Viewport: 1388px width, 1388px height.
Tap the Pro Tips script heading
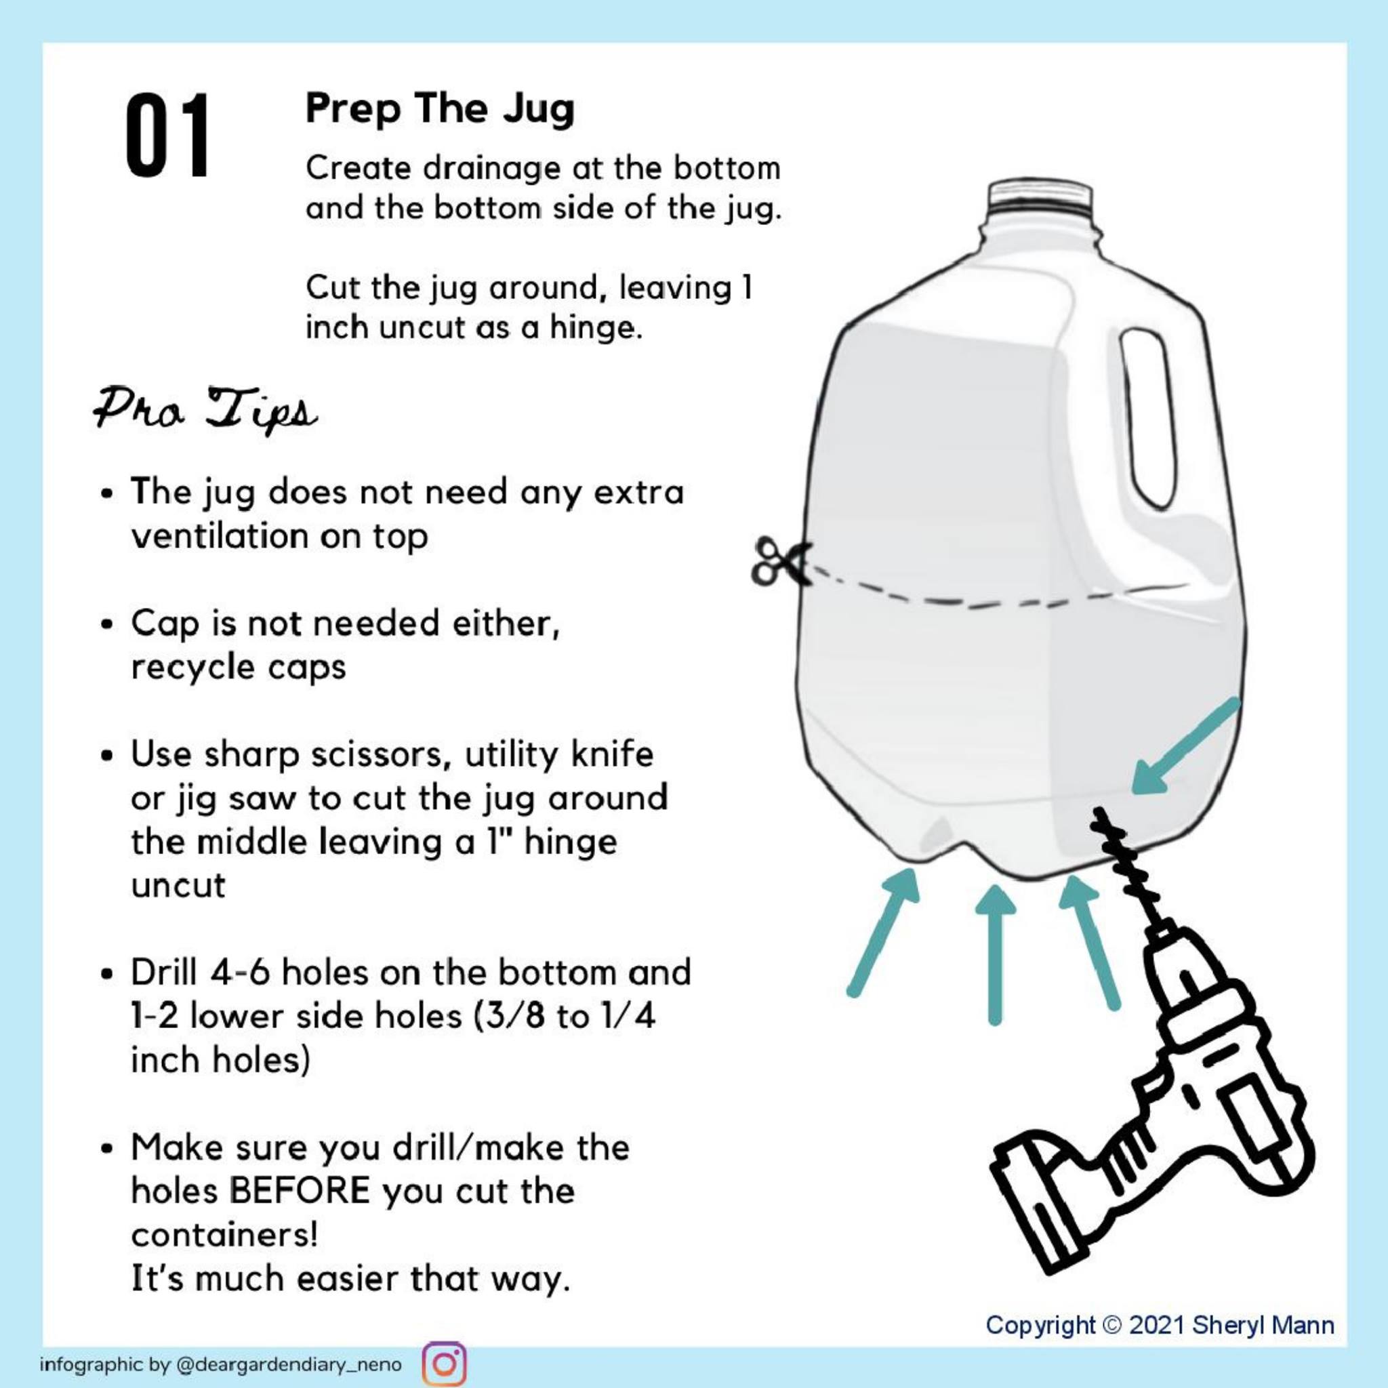click(205, 410)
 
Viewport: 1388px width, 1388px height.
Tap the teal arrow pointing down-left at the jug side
click(1186, 746)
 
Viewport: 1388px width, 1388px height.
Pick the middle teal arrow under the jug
click(995, 953)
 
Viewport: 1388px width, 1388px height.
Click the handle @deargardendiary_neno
click(288, 1364)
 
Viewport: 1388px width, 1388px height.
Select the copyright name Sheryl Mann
click(1264, 1325)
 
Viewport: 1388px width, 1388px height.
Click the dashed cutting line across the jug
click(992, 600)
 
